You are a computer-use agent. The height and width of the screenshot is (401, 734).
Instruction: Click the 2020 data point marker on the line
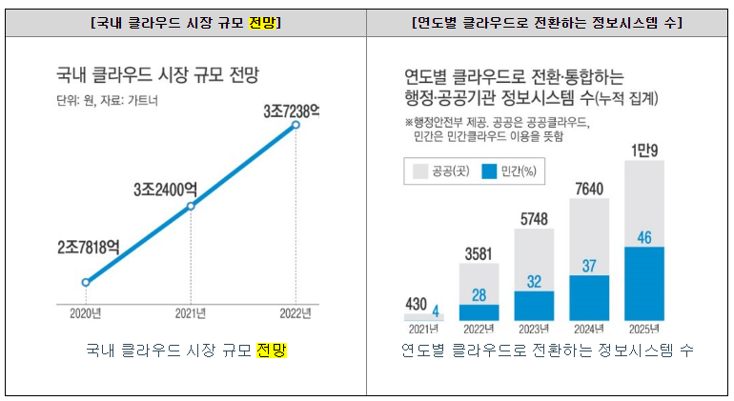click(x=86, y=282)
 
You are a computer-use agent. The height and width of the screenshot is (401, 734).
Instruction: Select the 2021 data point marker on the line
click(x=191, y=206)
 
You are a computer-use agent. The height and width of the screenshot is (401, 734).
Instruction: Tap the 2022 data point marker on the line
click(x=296, y=125)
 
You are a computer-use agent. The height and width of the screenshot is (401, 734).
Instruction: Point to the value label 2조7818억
click(x=88, y=248)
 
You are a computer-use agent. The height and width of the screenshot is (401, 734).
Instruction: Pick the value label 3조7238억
click(x=291, y=111)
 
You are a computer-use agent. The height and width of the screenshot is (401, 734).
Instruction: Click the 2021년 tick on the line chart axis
click(x=191, y=311)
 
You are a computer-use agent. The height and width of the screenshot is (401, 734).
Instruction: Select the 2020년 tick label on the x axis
click(x=85, y=311)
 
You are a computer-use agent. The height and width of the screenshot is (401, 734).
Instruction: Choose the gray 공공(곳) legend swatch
click(x=420, y=172)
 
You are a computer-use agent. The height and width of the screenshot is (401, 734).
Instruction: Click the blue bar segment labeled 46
click(x=644, y=283)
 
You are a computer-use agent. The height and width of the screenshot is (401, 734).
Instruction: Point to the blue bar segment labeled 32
click(x=535, y=305)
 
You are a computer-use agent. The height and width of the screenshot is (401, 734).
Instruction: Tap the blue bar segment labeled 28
click(x=479, y=311)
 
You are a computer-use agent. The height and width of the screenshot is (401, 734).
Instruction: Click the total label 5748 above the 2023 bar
click(x=535, y=219)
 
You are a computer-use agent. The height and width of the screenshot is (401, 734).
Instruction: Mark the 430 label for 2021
click(x=418, y=304)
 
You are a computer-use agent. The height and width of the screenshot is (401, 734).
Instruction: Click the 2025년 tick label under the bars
click(x=644, y=330)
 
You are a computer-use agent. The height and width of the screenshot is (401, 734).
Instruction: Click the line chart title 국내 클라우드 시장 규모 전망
click(x=157, y=77)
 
